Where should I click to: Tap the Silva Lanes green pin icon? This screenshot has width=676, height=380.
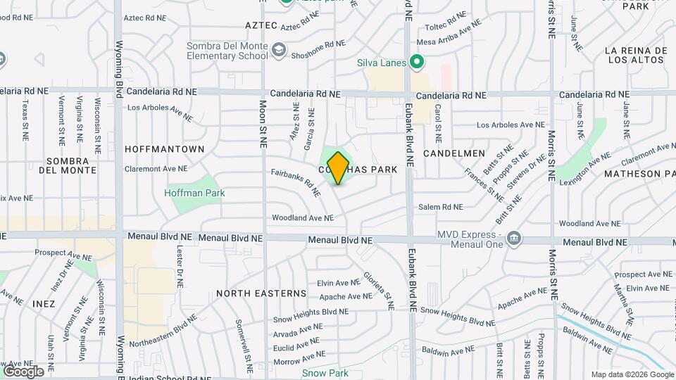416,63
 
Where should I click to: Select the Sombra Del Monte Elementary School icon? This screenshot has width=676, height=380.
280,49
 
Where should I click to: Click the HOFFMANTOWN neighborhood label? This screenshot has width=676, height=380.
164,149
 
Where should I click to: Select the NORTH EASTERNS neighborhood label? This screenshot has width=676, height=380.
261,293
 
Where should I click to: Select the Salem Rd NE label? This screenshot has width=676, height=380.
441,207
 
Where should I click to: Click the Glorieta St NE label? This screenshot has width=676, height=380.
377,291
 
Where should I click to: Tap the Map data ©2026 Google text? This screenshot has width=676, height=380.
632,374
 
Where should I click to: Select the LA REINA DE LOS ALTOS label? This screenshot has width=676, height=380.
635,55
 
